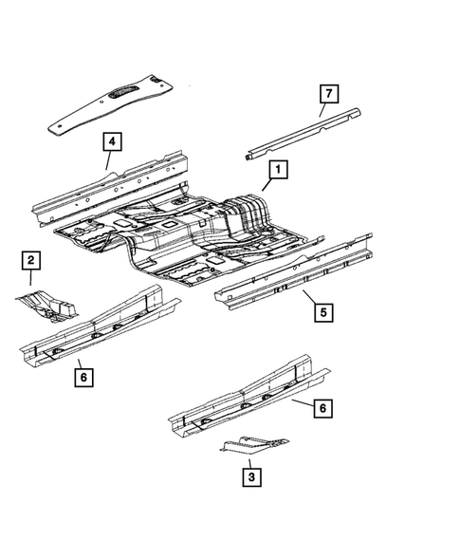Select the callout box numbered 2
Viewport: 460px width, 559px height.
coord(31,260)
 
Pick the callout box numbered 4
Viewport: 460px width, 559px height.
coord(112,143)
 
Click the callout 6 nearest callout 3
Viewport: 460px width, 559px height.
coord(323,408)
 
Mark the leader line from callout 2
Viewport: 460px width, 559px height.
coord(30,277)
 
